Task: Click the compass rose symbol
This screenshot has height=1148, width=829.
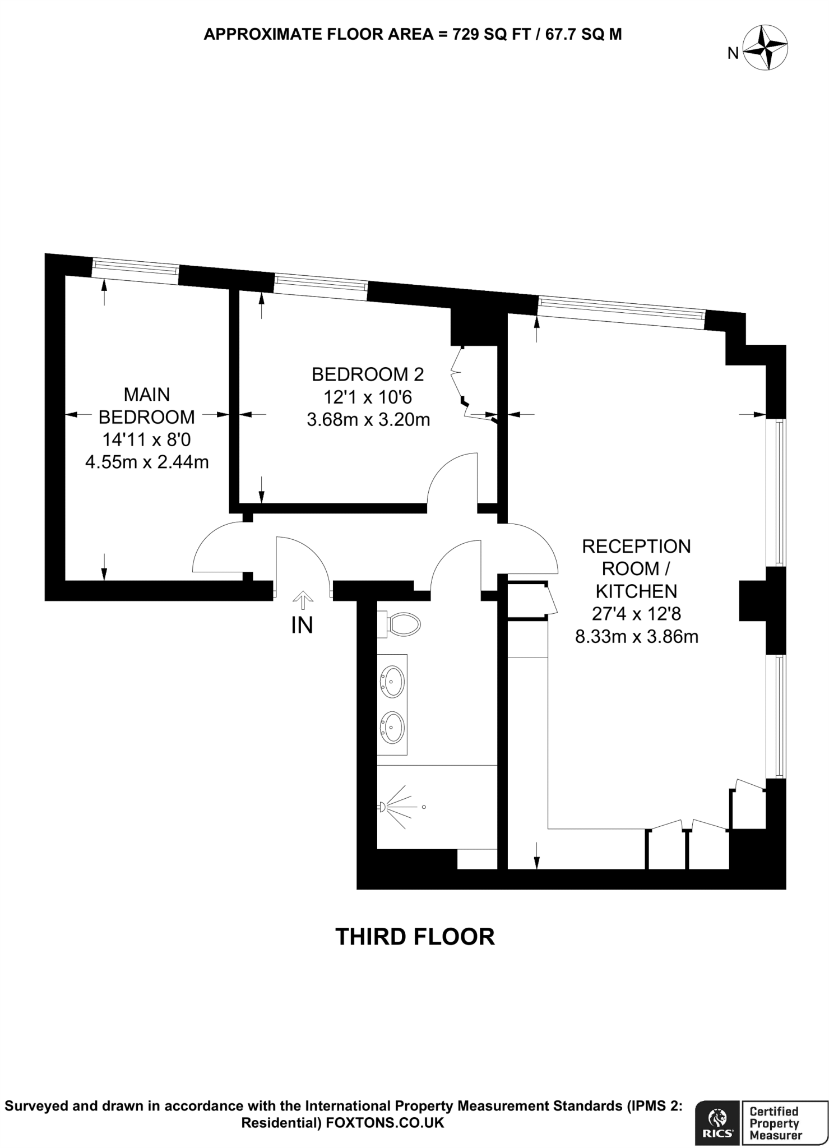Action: click(765, 49)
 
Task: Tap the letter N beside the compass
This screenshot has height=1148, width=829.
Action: click(733, 54)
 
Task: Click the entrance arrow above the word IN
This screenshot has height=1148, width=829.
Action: click(303, 599)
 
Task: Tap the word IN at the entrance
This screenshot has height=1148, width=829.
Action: click(302, 626)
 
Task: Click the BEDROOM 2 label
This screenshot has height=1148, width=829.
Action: click(368, 374)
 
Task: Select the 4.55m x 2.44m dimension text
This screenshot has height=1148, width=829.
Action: click(147, 462)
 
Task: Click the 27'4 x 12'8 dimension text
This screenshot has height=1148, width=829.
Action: click(636, 614)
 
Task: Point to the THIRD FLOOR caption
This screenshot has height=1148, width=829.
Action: click(415, 937)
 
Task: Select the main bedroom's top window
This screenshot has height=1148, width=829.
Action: click(135, 271)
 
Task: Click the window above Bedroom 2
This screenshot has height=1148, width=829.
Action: click(321, 286)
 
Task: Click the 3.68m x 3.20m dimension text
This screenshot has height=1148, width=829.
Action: click(368, 419)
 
